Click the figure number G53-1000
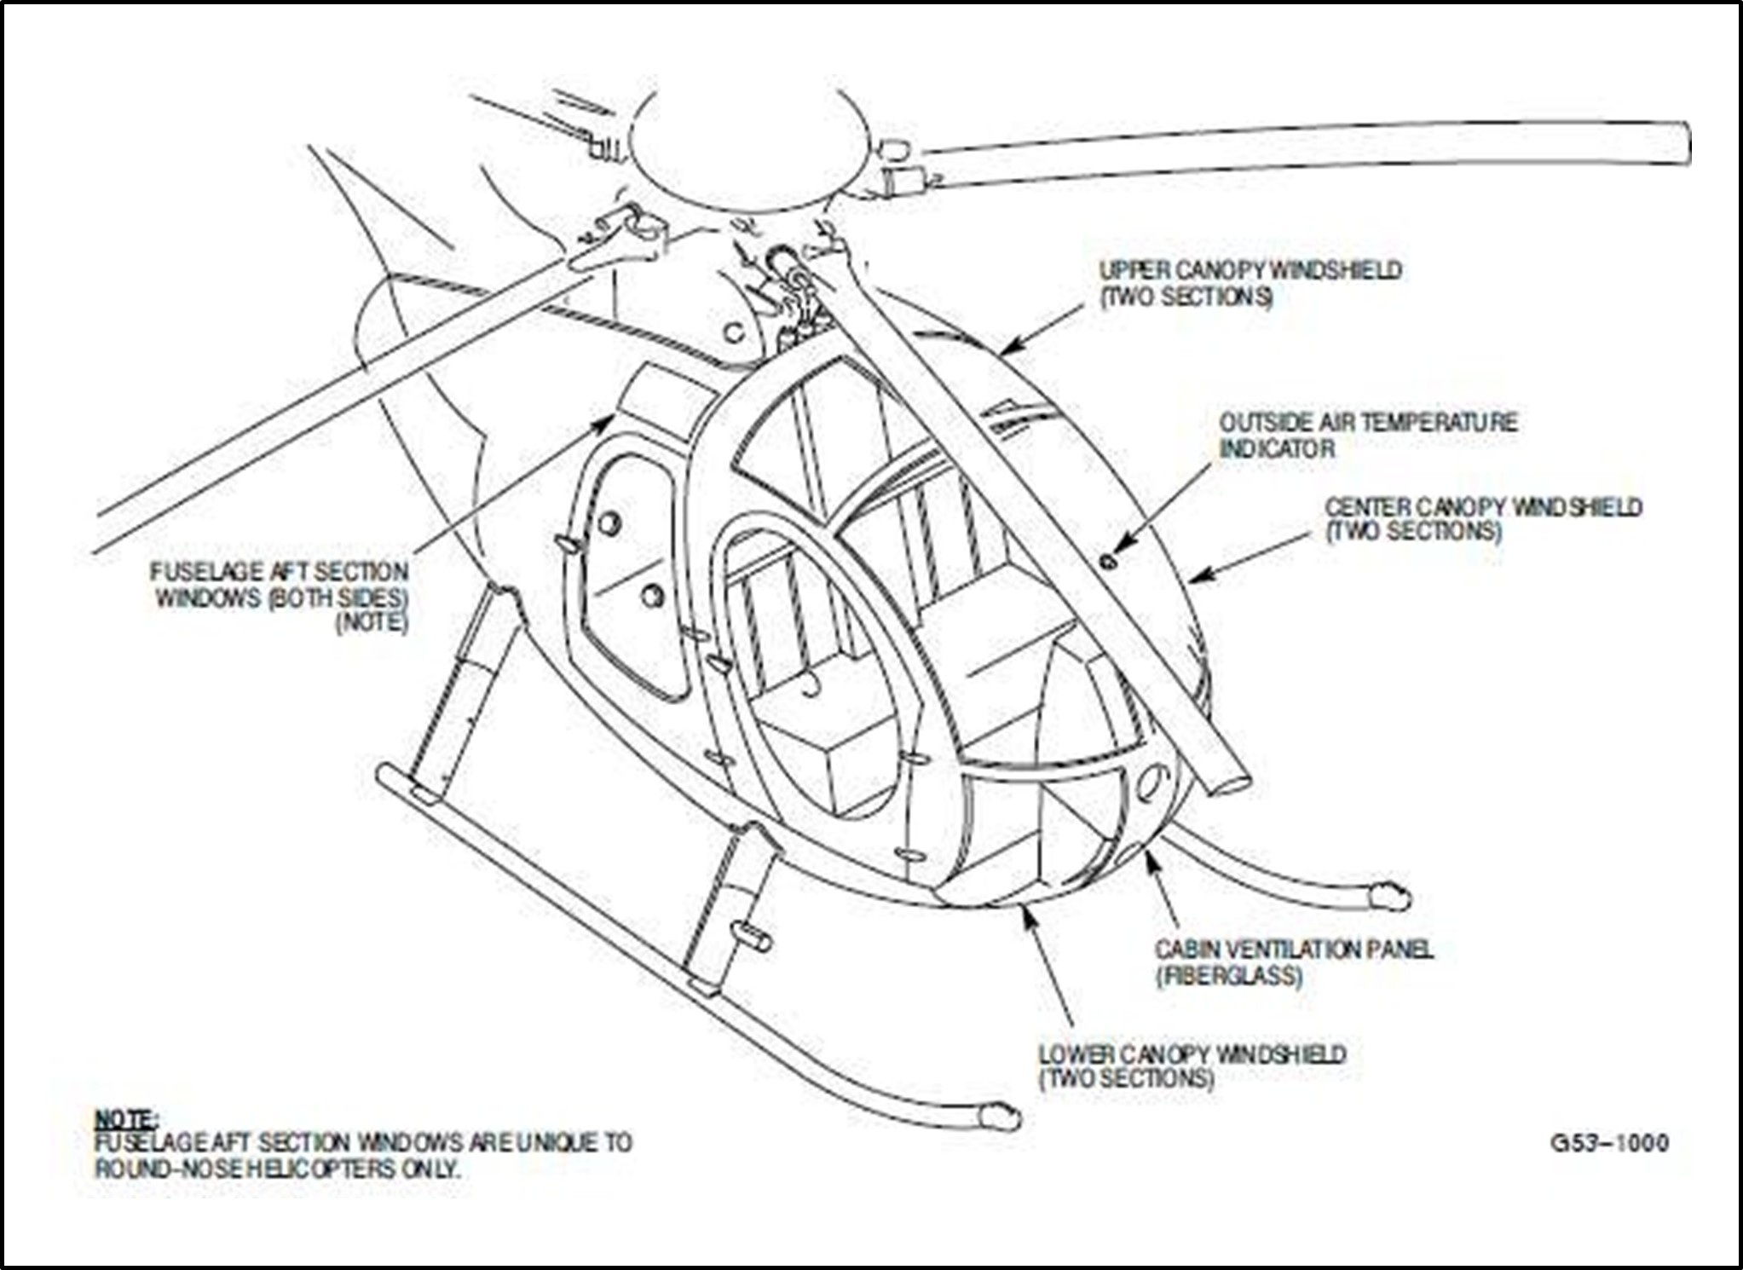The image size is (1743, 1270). pyautogui.click(x=1609, y=1143)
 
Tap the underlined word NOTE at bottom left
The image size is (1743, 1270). pyautogui.click(x=124, y=1118)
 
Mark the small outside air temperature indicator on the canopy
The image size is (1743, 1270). pyautogui.click(x=1108, y=561)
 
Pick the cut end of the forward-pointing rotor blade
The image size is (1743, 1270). pyautogui.click(x=1228, y=776)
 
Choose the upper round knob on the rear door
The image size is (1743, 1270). pyautogui.click(x=609, y=523)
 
